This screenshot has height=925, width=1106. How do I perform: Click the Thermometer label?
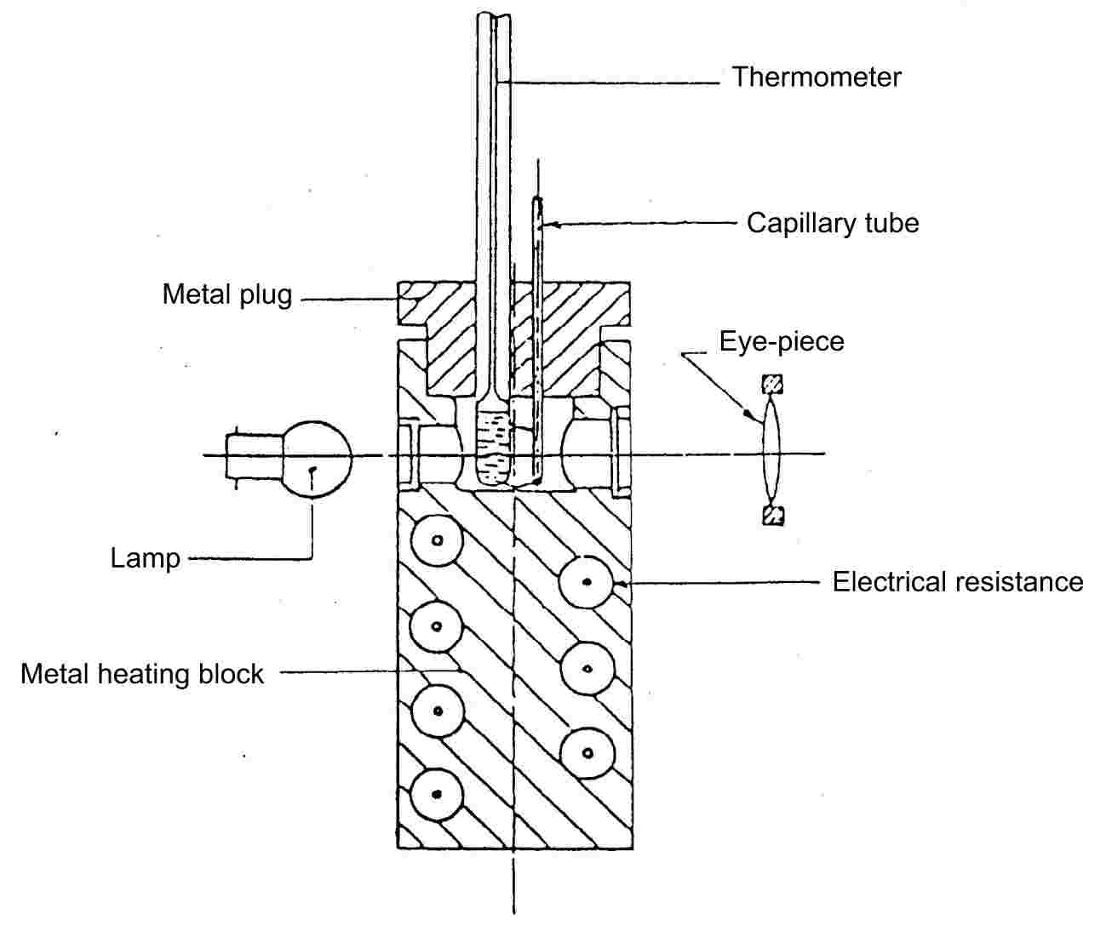click(x=816, y=77)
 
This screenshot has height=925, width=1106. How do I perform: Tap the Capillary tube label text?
click(x=832, y=223)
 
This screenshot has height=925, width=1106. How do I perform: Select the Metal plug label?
click(x=227, y=294)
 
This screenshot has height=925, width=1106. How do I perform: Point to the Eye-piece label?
click(x=782, y=341)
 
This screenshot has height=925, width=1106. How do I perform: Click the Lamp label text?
click(x=146, y=558)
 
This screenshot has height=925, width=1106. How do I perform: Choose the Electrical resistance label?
click(x=957, y=582)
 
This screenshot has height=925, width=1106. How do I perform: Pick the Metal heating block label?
click(x=142, y=674)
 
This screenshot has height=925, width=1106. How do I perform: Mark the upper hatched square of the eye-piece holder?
click(x=772, y=385)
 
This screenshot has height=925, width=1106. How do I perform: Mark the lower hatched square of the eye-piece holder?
click(x=772, y=515)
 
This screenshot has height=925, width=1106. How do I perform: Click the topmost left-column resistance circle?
click(x=437, y=540)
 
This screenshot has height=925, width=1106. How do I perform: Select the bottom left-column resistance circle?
click(x=437, y=794)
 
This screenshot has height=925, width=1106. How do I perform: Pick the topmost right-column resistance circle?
click(x=587, y=582)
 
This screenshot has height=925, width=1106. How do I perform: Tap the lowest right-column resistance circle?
click(x=587, y=753)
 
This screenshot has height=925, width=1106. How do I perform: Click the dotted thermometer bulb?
click(x=493, y=449)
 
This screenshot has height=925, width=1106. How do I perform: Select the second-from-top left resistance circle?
click(x=437, y=625)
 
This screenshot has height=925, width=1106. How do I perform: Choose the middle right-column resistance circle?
click(x=587, y=668)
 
